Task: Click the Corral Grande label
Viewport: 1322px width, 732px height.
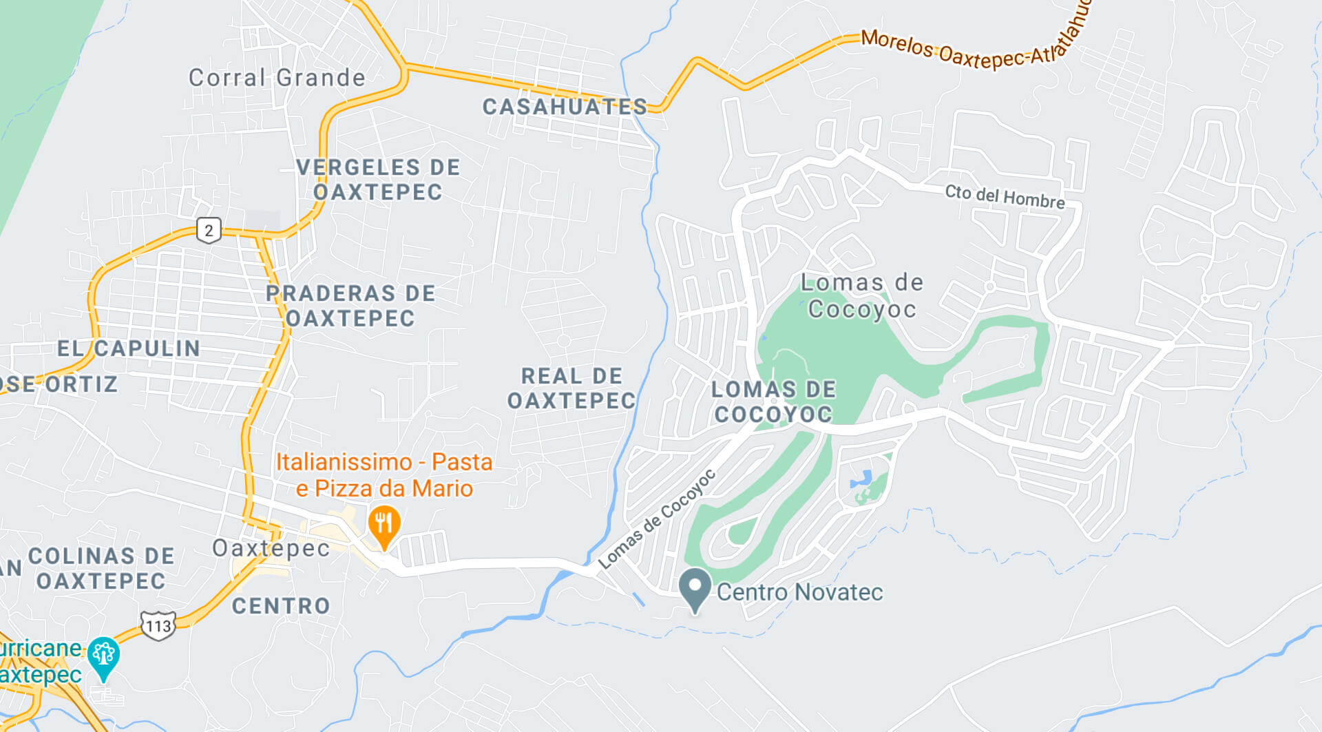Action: click(x=277, y=78)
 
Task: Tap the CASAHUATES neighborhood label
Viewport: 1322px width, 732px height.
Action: click(x=565, y=107)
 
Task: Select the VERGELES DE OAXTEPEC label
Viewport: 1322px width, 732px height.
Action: click(x=378, y=180)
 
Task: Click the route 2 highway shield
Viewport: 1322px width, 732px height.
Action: click(x=209, y=231)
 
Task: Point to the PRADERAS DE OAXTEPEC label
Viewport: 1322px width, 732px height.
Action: click(x=350, y=306)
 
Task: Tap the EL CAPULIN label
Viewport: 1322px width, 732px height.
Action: click(x=129, y=348)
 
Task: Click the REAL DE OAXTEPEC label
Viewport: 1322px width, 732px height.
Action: click(x=571, y=388)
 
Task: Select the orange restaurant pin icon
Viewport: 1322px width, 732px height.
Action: click(x=384, y=525)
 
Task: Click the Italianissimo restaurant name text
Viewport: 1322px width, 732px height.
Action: click(x=384, y=475)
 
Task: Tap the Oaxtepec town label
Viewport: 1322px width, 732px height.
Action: click(x=271, y=548)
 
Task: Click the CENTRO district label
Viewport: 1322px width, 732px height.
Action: click(x=281, y=606)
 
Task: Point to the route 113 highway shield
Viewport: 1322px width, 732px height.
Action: click(x=158, y=626)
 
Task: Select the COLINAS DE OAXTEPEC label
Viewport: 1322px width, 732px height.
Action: click(x=101, y=569)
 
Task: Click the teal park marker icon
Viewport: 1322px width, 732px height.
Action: click(x=104, y=656)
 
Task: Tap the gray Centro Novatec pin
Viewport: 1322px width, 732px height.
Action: click(x=695, y=588)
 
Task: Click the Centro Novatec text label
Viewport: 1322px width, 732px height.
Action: click(x=799, y=592)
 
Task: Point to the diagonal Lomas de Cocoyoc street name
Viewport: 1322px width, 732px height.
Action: click(x=657, y=519)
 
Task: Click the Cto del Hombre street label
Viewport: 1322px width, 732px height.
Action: click(x=1005, y=196)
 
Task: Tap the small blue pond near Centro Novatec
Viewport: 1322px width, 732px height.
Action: click(x=863, y=479)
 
